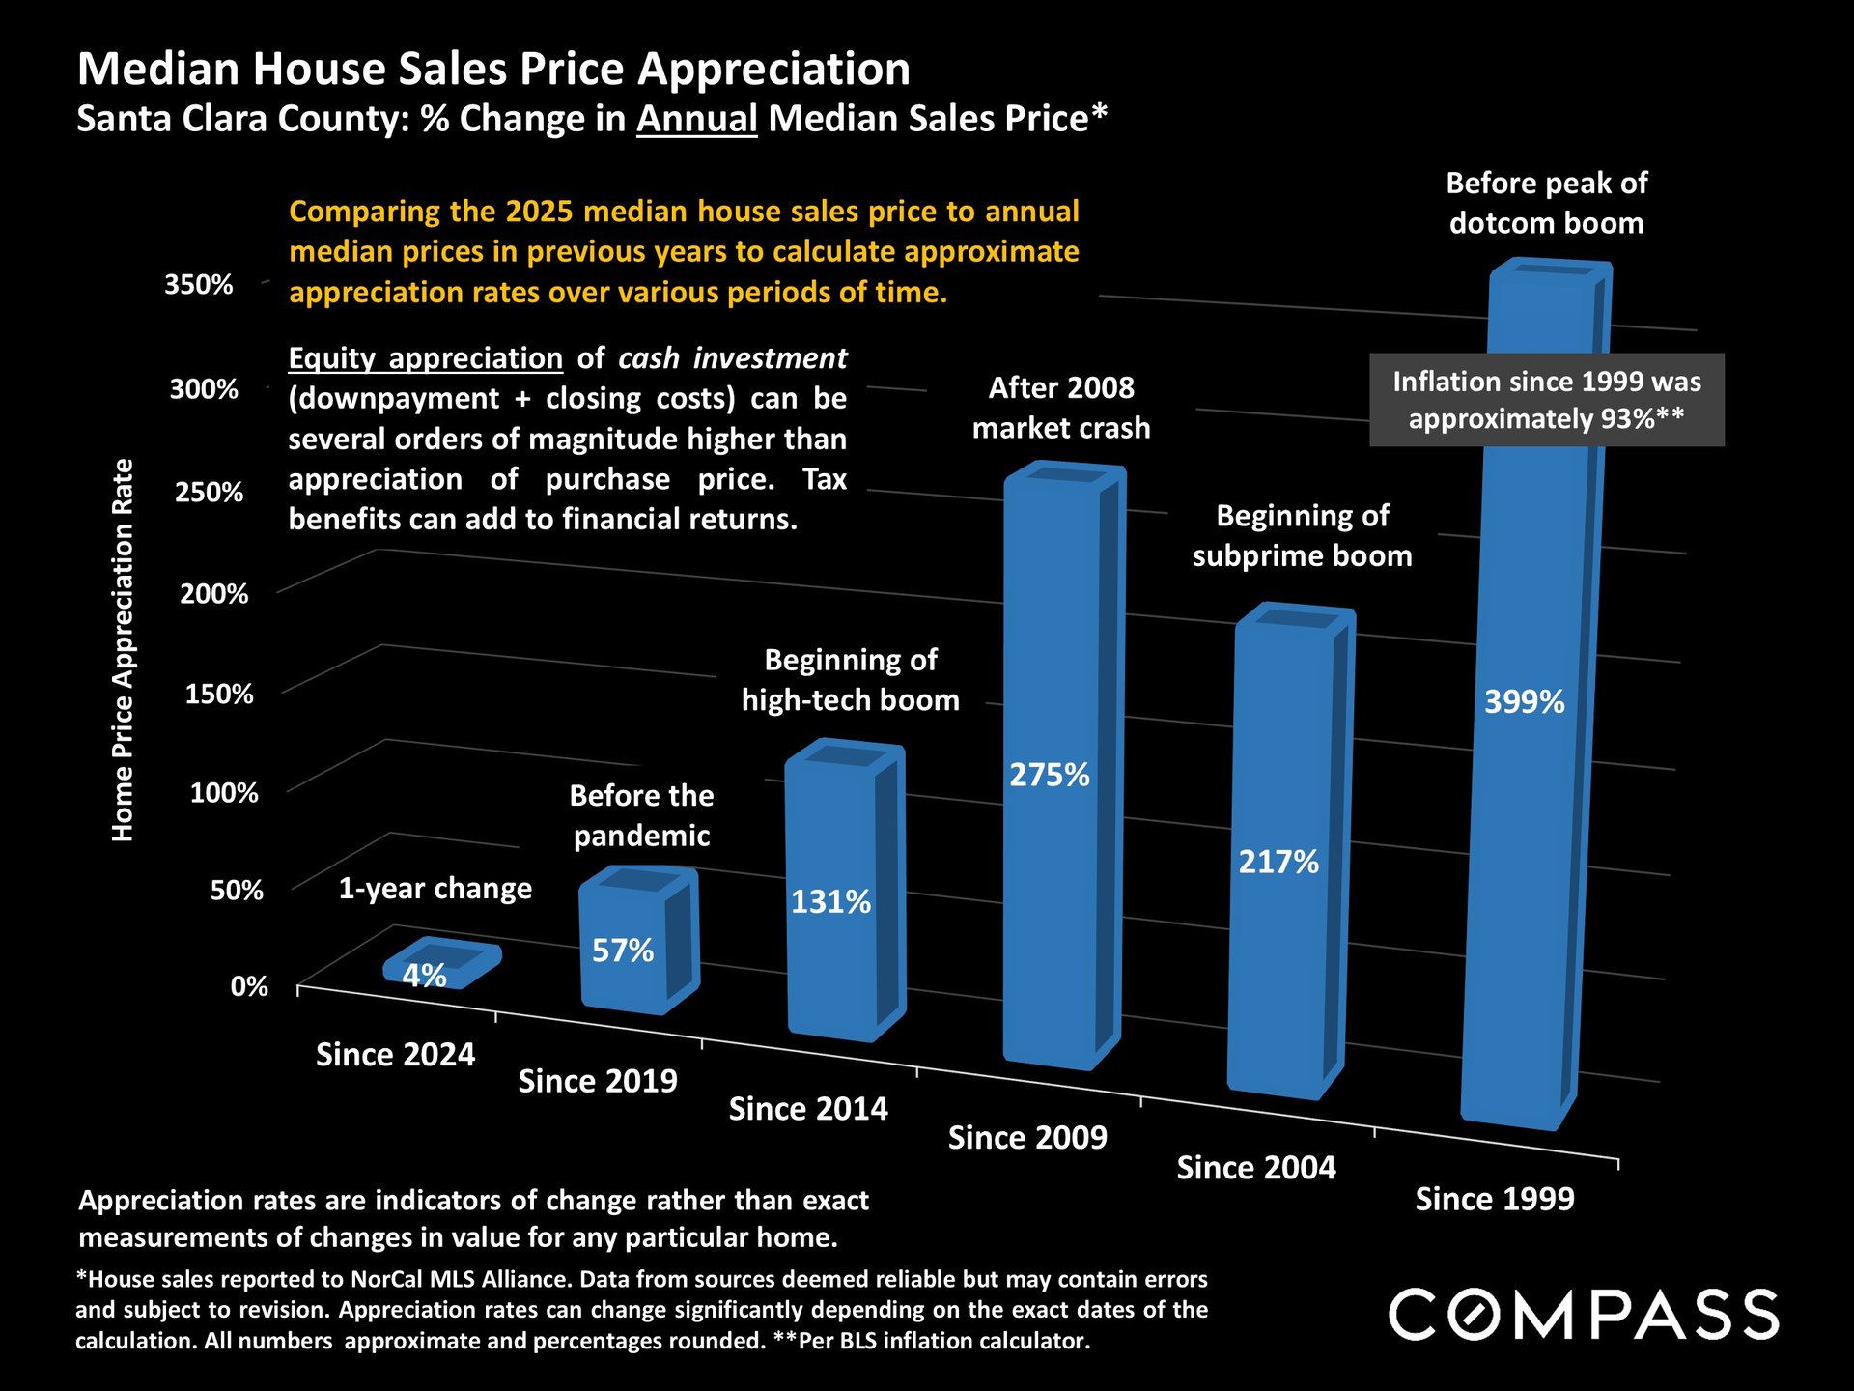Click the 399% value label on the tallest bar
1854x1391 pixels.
tap(1524, 702)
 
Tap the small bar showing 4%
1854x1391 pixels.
tap(439, 964)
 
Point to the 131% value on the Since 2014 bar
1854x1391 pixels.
tap(830, 902)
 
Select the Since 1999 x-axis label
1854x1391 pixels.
tap(1494, 1199)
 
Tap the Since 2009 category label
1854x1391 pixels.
tap(1027, 1138)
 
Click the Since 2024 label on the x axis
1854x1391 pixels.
tap(395, 1055)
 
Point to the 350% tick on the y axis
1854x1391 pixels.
tap(199, 285)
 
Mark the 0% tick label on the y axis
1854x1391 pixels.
tap(249, 986)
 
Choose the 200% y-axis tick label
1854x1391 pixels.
tap(213, 593)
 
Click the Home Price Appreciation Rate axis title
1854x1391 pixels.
tap(123, 649)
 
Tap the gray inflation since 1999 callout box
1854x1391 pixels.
tap(1546, 400)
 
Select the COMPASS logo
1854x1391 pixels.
tap(1584, 1314)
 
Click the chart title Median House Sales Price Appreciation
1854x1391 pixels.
tap(493, 70)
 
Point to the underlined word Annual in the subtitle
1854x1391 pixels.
tap(696, 119)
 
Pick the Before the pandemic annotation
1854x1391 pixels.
tap(641, 815)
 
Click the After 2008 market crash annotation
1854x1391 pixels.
tap(1061, 408)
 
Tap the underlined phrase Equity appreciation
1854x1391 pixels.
tap(425, 358)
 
